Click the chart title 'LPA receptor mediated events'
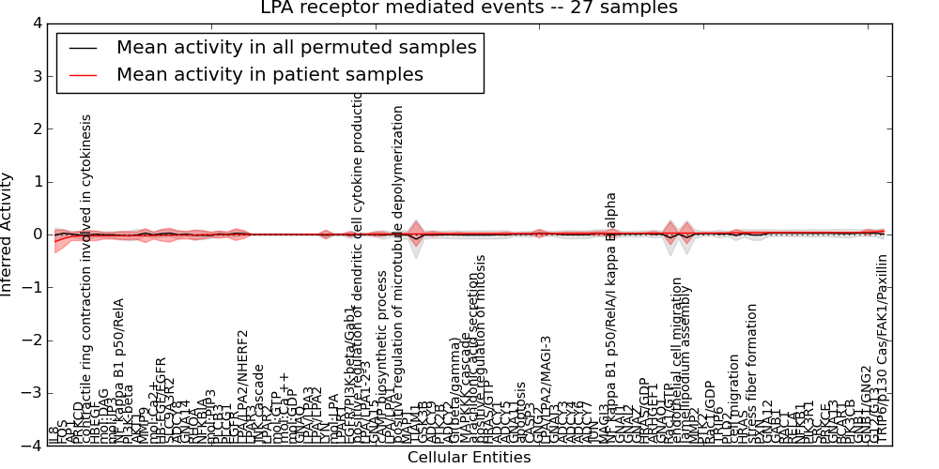(469, 8)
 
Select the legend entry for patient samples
(269, 75)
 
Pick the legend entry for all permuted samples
(296, 47)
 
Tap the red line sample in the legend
(83, 75)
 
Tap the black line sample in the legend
(83, 47)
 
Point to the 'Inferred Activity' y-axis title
(8, 234)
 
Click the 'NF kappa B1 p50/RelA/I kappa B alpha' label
(611, 318)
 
